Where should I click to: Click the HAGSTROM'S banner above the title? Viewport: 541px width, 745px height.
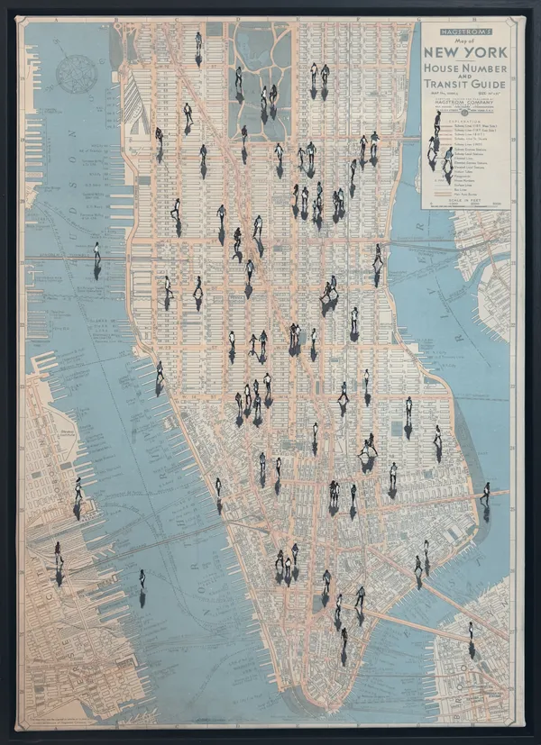pos(465,29)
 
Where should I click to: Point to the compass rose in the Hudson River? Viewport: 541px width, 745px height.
pos(78,72)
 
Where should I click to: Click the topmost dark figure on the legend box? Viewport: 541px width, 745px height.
pos(436,120)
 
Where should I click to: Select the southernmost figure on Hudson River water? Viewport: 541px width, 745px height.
pos(142,578)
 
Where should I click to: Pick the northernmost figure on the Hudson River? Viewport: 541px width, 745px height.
pos(97,252)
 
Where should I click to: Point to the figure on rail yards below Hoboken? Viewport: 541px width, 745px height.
pos(59,551)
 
